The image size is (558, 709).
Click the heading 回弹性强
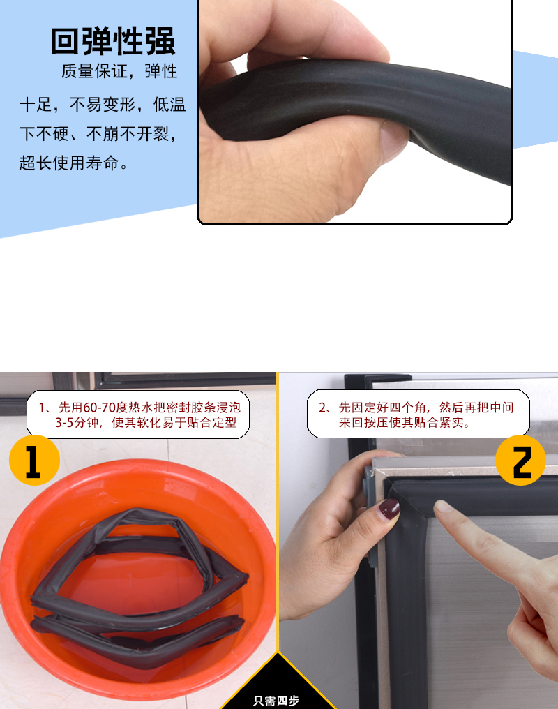pyautogui.click(x=113, y=41)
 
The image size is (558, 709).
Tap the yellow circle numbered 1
pyautogui.click(x=34, y=461)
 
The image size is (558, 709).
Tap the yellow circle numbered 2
pyautogui.click(x=520, y=461)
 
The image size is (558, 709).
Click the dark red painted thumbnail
pyautogui.click(x=389, y=509)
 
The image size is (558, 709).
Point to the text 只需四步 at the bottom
pyautogui.click(x=276, y=701)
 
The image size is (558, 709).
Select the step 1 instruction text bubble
pyautogui.click(x=138, y=415)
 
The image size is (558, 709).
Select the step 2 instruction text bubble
pyautogui.click(x=418, y=415)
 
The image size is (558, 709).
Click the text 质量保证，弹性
pyautogui.click(x=119, y=71)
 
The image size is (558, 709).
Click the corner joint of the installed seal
pyautogui.click(x=400, y=495)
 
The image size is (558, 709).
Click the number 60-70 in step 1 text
pyautogui.click(x=100, y=408)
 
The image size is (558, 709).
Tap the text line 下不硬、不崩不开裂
pyautogui.click(x=98, y=134)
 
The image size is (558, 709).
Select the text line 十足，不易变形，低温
pyautogui.click(x=103, y=105)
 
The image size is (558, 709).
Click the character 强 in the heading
pyautogui.click(x=160, y=41)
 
